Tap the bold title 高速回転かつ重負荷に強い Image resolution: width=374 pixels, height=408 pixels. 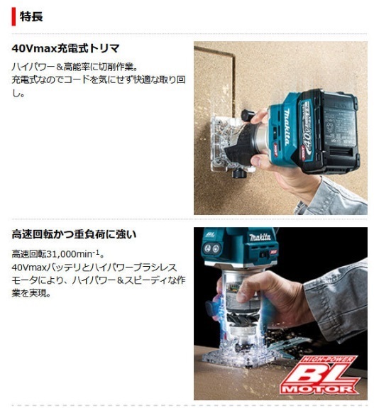pyautogui.click(x=74, y=233)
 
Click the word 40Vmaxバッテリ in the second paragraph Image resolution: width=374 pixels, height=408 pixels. pyautogui.click(x=44, y=267)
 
